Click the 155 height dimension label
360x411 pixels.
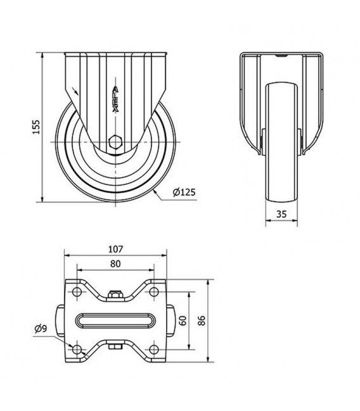[x=36, y=127]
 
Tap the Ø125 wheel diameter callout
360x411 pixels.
[x=184, y=193]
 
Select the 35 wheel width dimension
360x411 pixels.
[x=281, y=214]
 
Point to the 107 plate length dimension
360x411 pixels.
[x=115, y=249]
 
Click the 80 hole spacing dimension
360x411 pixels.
[x=115, y=263]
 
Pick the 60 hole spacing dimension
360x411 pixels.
[x=183, y=320]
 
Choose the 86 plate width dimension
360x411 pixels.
[x=202, y=320]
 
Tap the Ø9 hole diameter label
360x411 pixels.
[x=41, y=329]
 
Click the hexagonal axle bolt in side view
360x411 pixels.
[x=115, y=142]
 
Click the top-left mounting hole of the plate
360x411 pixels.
[x=77, y=291]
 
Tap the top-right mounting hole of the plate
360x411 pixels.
[x=154, y=291]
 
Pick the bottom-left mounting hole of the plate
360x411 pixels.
[x=77, y=349]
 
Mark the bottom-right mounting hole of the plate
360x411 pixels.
[x=154, y=349]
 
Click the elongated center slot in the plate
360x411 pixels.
[x=115, y=320]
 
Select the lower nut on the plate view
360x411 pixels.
[x=115, y=346]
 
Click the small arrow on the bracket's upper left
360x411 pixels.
[x=75, y=91]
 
